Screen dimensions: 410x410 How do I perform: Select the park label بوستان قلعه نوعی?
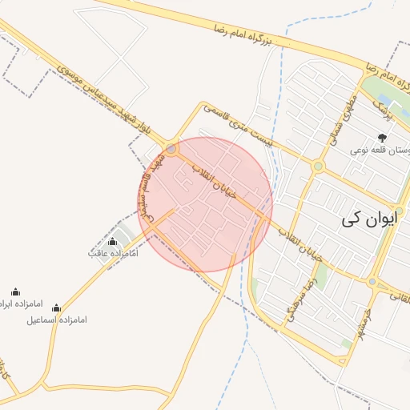point(381,151)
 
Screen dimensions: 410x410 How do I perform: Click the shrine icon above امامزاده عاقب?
point(112,241)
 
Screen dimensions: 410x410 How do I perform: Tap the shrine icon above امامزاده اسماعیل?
point(56,307)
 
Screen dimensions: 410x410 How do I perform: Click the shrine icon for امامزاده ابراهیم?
point(16,291)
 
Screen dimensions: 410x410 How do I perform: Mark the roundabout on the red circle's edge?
point(172,149)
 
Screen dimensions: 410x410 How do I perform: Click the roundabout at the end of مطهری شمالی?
point(318,167)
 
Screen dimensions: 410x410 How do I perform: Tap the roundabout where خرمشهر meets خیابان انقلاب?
point(372,282)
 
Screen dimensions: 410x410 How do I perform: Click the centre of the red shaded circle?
point(205,204)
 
